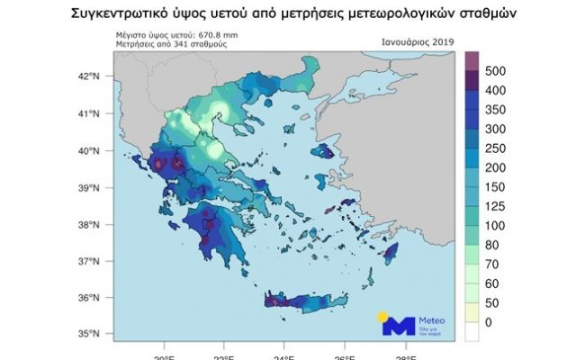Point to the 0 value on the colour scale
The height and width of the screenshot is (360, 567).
tap(489, 321)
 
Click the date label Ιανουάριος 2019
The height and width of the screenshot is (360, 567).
tap(417, 41)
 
